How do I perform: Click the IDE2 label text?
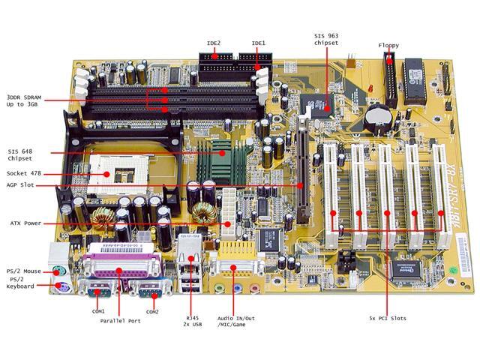[x=214, y=43]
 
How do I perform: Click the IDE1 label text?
[x=259, y=43]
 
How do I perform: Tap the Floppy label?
[x=388, y=46]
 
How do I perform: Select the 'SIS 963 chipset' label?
[x=326, y=40]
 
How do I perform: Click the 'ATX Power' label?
[x=25, y=223]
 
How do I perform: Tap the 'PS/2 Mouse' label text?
[x=24, y=271]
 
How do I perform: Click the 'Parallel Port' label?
[x=122, y=320]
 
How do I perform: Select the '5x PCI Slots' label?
[x=388, y=318]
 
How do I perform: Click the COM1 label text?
[x=98, y=311]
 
